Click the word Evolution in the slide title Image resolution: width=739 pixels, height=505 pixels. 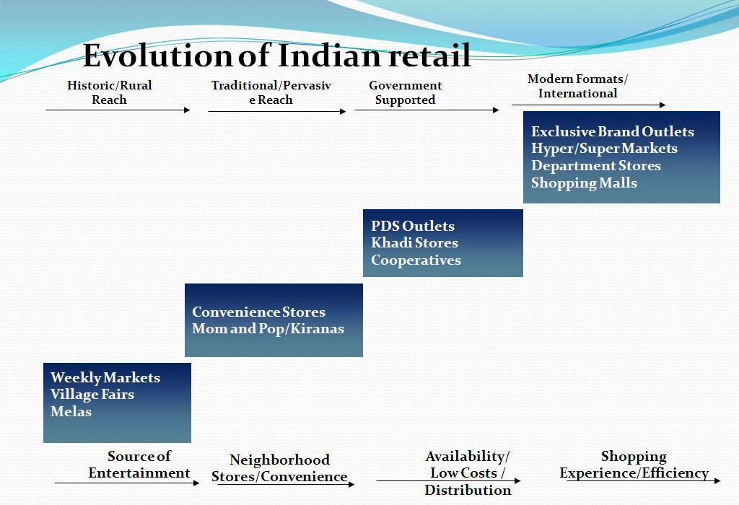pyautogui.click(x=157, y=56)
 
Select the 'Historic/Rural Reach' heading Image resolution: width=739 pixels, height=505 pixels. pyautogui.click(x=110, y=92)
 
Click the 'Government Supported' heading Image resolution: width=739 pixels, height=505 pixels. pyautogui.click(x=406, y=92)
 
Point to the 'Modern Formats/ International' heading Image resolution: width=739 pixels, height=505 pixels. pyautogui.click(x=578, y=86)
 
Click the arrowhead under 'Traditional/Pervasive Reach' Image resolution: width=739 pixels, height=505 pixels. pyautogui.click(x=343, y=112)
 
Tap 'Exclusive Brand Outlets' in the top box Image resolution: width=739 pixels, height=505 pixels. pyautogui.click(x=613, y=131)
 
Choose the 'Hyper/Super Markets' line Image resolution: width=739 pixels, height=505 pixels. pyautogui.click(x=604, y=149)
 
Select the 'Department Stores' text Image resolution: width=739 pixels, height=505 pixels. pyautogui.click(x=596, y=166)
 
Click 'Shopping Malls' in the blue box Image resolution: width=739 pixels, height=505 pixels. pyautogui.click(x=584, y=183)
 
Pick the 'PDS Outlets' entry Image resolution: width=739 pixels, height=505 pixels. pyautogui.click(x=413, y=226)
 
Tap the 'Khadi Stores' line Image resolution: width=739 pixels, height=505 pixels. pyautogui.click(x=415, y=243)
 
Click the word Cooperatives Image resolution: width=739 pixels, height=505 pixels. pyautogui.click(x=416, y=260)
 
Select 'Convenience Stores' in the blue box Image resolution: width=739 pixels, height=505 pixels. pyautogui.click(x=259, y=312)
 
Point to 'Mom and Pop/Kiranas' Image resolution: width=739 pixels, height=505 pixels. pyautogui.click(x=268, y=329)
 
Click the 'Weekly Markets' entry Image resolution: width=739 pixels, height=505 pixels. pyautogui.click(x=105, y=378)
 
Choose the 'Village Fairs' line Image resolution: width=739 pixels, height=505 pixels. pyautogui.click(x=92, y=395)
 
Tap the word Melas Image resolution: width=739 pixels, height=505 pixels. pyautogui.click(x=71, y=412)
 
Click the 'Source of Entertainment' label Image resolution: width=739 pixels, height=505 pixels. pyautogui.click(x=139, y=465)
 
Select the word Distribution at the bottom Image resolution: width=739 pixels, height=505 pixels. pyautogui.click(x=468, y=491)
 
